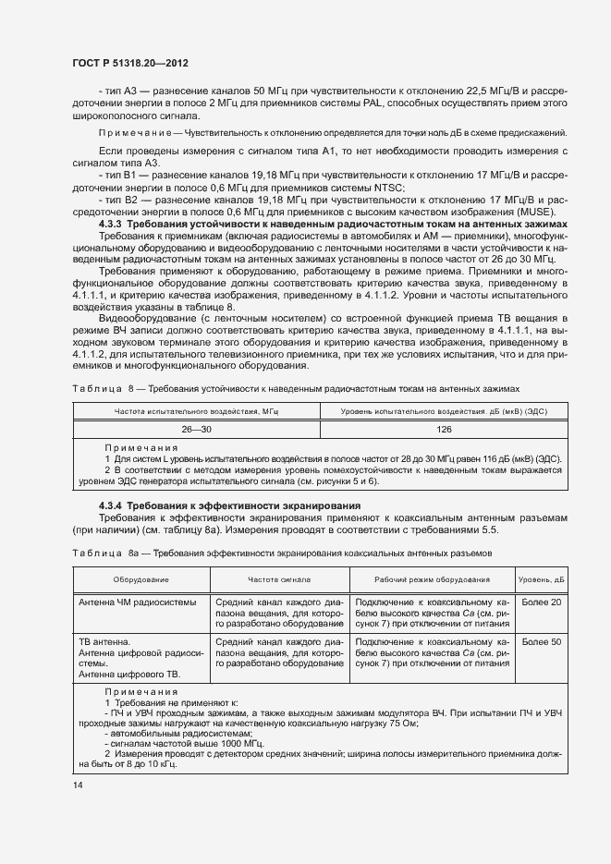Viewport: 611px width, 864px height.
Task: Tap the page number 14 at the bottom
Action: click(x=77, y=785)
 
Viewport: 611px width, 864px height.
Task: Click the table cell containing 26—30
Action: click(x=196, y=430)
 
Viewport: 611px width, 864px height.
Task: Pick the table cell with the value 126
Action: click(x=444, y=430)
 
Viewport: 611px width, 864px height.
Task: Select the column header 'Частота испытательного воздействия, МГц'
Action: click(x=196, y=410)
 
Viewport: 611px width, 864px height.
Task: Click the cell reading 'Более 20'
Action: click(x=541, y=603)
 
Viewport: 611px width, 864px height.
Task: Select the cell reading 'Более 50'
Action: click(x=541, y=641)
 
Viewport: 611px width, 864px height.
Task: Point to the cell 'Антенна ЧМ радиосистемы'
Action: click(x=137, y=603)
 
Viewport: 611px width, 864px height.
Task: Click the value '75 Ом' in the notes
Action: click(x=404, y=724)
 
